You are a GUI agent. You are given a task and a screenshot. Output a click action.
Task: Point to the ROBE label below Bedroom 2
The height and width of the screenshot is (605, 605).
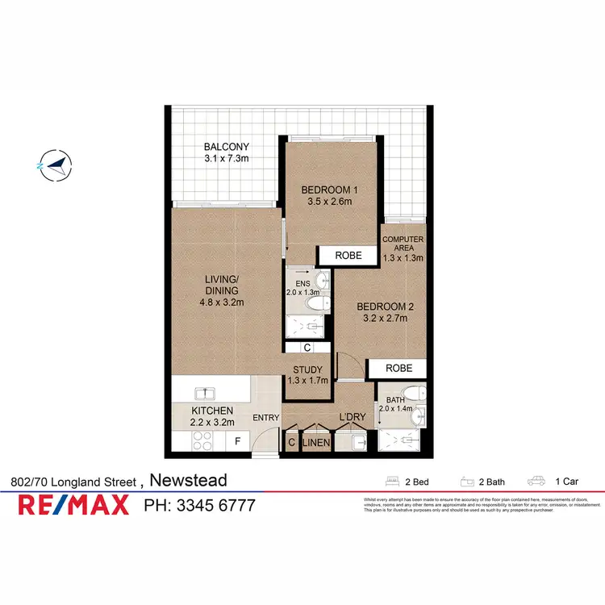pos(398,368)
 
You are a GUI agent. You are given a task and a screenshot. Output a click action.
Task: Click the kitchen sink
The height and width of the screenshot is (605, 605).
pos(207,394)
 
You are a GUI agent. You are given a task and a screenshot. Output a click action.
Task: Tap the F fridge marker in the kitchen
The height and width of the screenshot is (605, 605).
pos(237,441)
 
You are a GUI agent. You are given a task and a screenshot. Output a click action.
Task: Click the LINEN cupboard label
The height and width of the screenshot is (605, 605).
pos(315,442)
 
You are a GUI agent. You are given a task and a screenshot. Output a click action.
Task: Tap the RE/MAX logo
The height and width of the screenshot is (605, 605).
pos(74,506)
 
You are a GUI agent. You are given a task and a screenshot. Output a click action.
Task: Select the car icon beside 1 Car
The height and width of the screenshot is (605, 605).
pos(536,482)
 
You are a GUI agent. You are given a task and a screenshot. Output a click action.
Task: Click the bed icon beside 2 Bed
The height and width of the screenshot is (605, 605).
pos(394,482)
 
